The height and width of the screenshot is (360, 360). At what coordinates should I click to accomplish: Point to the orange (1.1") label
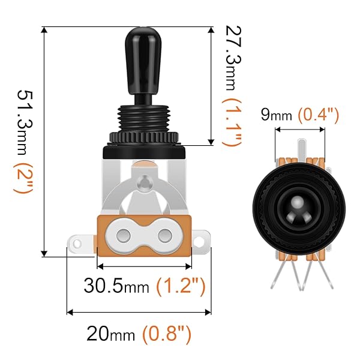coord(231,122)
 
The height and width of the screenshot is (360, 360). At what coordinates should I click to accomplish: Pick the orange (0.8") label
coord(167,331)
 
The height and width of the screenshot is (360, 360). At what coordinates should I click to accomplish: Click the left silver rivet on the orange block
coord(125,233)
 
